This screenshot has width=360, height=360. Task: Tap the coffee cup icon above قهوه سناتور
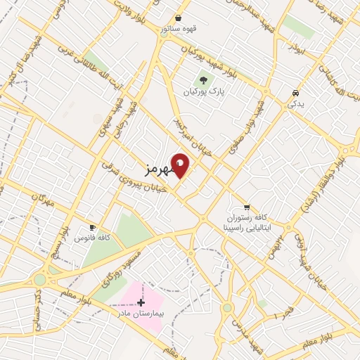coord(179,18)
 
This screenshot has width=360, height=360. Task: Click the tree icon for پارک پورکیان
coord(204,80)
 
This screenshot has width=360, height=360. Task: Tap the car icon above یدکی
coord(295,93)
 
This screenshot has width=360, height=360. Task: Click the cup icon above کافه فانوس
coord(91,227)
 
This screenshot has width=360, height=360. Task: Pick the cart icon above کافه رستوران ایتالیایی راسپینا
coord(246,207)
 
